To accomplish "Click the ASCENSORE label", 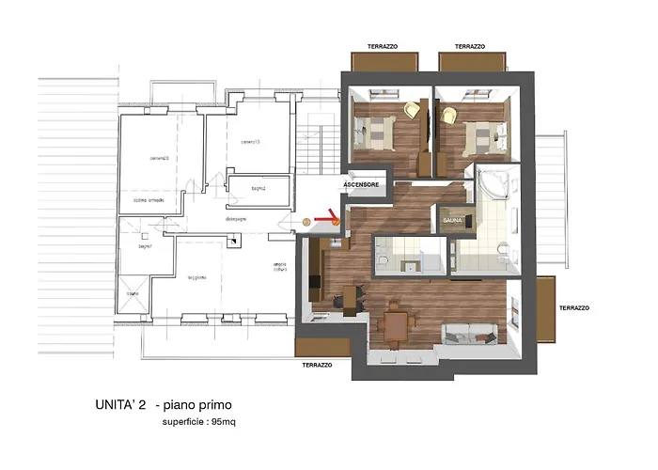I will point(362,185).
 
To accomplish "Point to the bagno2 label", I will point(259,189).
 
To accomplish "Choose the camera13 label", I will point(250,142).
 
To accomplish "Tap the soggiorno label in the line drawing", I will point(196,276).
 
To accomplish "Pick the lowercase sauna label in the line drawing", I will point(133,293).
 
